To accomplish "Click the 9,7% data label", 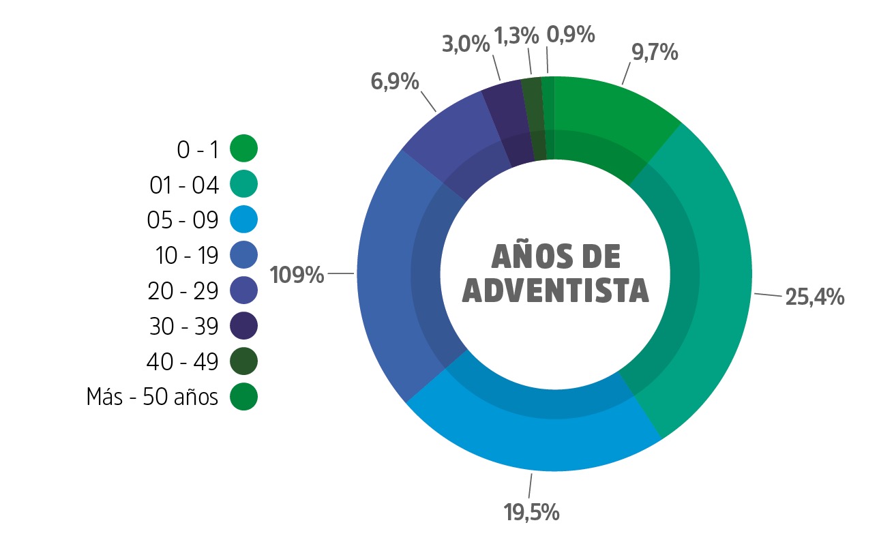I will click(655, 52).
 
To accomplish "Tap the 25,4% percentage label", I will click(815, 297).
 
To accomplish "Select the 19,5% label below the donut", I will click(532, 512).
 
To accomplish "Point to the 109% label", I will click(297, 275).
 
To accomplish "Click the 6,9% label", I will click(394, 82).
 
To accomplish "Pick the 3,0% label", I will click(466, 44).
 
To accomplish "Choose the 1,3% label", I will click(516, 35).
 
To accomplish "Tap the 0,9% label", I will click(571, 34).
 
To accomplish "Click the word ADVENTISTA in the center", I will click(555, 290).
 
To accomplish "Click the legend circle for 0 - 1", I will click(243, 148).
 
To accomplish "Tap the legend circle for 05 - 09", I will click(243, 220).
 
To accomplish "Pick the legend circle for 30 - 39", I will click(243, 325).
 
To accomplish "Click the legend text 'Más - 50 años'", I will click(152, 397).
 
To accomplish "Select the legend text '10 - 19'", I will click(187, 255).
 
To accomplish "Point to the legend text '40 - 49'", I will click(182, 361).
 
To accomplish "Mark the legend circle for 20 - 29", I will click(243, 290).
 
